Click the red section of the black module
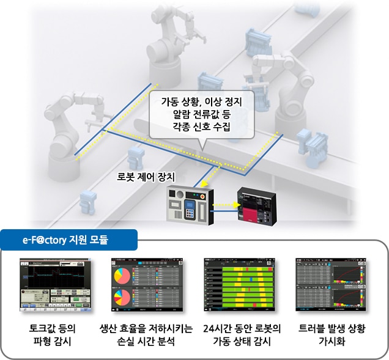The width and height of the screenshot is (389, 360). [268, 215]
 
